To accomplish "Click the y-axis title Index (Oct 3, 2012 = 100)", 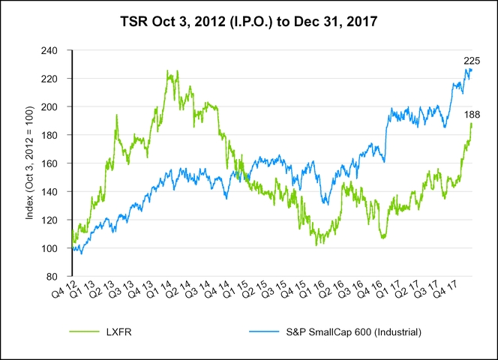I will pos(31,163).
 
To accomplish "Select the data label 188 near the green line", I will pos(473,114).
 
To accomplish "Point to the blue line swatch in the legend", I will pos(261,331).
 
